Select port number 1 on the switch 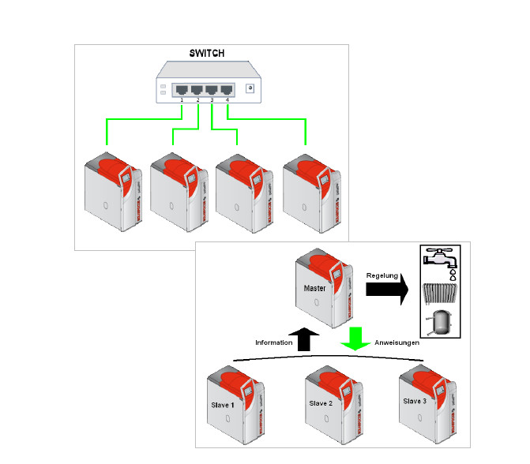point(181,89)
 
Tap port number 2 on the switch point(197,89)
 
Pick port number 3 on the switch point(212,89)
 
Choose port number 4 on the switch point(227,89)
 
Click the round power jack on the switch point(251,89)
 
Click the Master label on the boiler point(314,288)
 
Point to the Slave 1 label point(222,405)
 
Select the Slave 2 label point(320,404)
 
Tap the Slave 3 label point(415,402)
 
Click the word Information point(273,342)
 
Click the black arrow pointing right point(386,290)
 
